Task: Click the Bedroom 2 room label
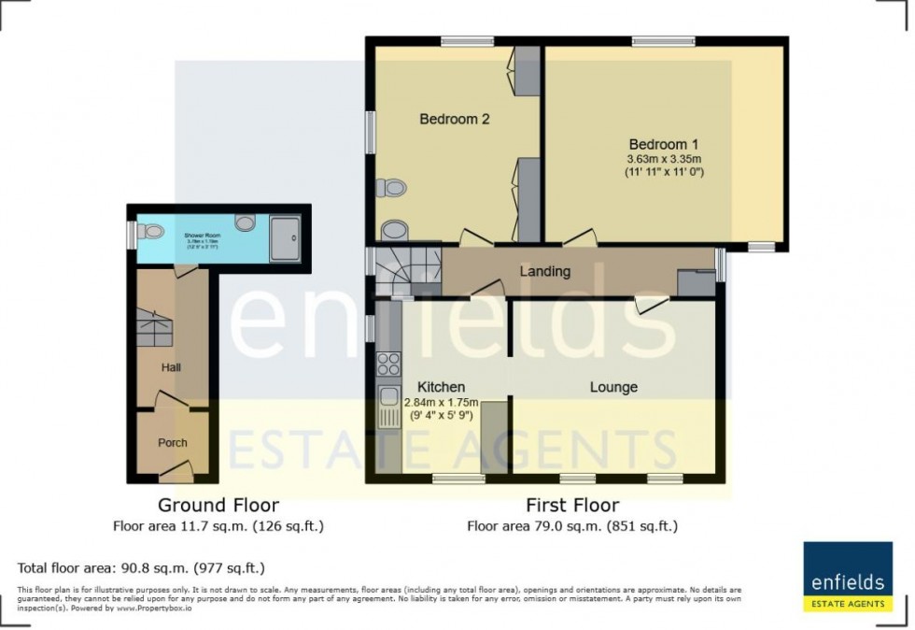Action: click(x=454, y=120)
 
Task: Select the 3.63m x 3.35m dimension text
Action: click(x=663, y=160)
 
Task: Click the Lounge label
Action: click(x=613, y=387)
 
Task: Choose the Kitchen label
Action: click(x=441, y=387)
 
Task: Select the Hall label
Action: click(x=170, y=367)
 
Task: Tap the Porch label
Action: click(x=172, y=442)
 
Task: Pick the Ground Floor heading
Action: click(x=218, y=506)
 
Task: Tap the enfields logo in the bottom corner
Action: click(x=848, y=578)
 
